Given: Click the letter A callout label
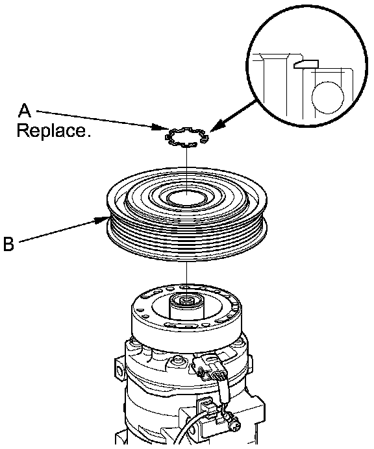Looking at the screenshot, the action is pos(25,110).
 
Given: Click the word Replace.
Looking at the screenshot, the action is pos(54,130).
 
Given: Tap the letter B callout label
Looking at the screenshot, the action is pos(8,244).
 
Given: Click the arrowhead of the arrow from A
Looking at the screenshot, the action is pos(160,127).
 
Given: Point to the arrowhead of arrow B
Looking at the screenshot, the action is pos(101,220).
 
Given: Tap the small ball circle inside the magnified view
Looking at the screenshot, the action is pos(327,97).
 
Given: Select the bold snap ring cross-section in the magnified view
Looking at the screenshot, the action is pos(306,64).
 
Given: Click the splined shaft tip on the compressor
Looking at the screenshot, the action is pos(186,301).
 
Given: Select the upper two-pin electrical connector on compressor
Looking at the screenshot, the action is pos(210,367).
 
